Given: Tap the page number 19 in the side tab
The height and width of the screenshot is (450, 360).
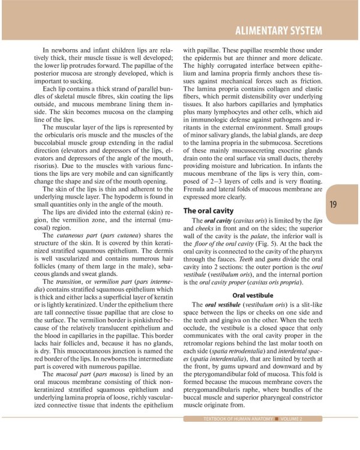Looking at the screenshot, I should point(333,205).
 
